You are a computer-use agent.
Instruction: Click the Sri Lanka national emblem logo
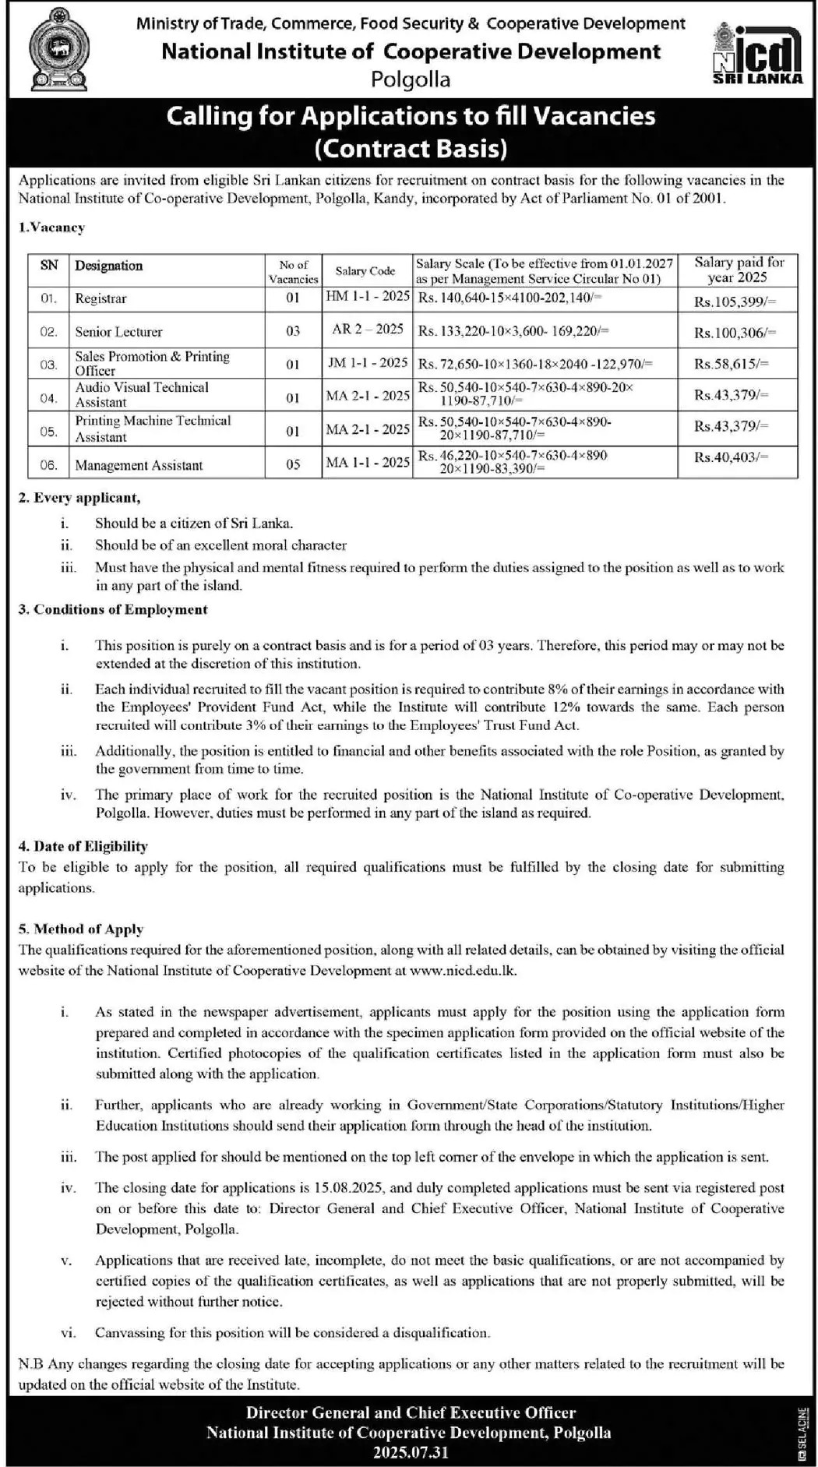pos(58,49)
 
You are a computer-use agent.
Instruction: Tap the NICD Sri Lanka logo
pos(757,53)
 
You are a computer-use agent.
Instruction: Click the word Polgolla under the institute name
pos(411,79)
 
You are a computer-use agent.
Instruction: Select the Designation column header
pos(109,266)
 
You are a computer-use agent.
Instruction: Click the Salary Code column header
pos(365,271)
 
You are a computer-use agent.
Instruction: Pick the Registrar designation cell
pos(100,298)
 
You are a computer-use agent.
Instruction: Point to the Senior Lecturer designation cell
pos(118,332)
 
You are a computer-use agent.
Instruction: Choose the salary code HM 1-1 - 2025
pos(368,296)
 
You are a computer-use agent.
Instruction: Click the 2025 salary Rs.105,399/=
pos(735,302)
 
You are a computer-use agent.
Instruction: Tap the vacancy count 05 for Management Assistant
pos(293,465)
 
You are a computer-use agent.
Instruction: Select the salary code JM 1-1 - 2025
pos(368,362)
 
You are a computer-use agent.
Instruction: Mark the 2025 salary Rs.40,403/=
pos(731,457)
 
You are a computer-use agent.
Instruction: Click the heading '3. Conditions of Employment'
pos(113,609)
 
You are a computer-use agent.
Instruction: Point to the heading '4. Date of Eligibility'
pos(83,846)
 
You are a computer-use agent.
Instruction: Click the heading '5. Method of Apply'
pos(81,929)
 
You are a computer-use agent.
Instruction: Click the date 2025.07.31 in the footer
pos(411,1452)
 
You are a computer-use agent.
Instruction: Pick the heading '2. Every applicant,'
pos(79,498)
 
